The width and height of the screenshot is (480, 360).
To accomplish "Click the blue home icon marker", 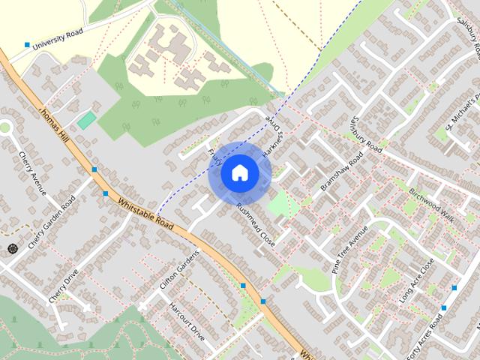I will point(239,173).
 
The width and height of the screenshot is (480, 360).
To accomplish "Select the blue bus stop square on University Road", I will point(28,45).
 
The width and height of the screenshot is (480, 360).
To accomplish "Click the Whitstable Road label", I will point(145,214).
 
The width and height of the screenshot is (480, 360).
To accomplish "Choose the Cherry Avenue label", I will point(33,172).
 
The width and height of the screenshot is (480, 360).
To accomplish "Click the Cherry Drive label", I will point(64,286).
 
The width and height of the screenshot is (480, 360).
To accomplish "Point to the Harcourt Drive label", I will point(187,322).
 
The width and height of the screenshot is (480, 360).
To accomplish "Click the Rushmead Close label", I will point(256,226).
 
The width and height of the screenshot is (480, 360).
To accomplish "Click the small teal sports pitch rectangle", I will point(87,119).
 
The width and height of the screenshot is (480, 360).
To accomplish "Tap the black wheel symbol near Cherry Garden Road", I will point(12,248).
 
